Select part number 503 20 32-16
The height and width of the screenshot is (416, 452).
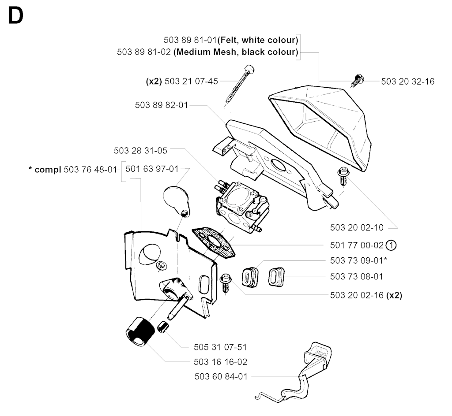click(407, 82)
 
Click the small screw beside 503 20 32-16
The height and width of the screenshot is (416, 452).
click(357, 81)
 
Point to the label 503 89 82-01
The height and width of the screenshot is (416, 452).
click(162, 105)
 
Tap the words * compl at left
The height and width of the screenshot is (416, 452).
click(48, 169)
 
